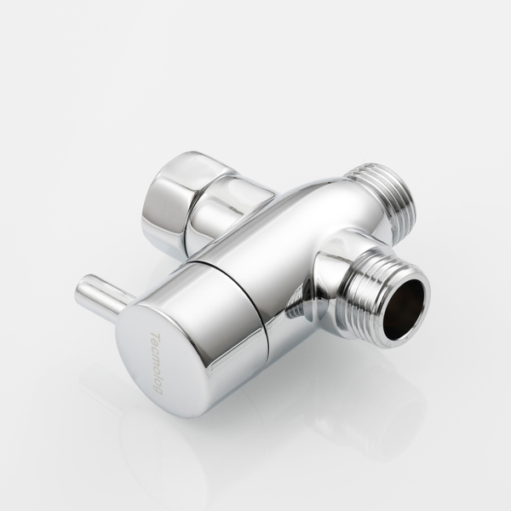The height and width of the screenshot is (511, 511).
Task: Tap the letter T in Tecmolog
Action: (154, 336)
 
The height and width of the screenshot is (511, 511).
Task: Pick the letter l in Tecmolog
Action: (157, 376)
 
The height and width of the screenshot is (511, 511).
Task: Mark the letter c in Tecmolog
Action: (156, 352)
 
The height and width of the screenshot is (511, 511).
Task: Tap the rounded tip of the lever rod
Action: (82, 290)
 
